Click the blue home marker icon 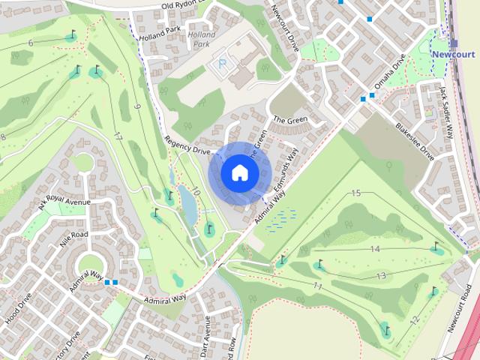[239, 173]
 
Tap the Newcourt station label [454, 55]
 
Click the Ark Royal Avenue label [64, 205]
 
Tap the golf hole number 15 [356, 193]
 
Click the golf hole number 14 [375, 249]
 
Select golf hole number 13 [381, 276]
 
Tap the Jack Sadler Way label [447, 112]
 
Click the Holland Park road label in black [160, 30]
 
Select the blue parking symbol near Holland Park [221, 64]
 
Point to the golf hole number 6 [31, 43]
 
